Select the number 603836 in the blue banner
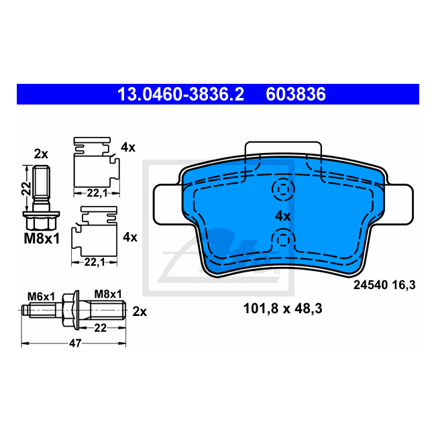[x=296, y=95]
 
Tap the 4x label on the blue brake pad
[x=282, y=216]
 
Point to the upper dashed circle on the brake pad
[x=282, y=190]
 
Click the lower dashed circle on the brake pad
[x=282, y=239]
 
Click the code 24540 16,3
[x=384, y=285]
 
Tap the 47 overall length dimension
[x=75, y=343]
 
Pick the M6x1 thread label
[x=42, y=294]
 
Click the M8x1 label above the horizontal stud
[x=107, y=294]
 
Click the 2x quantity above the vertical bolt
[x=41, y=154]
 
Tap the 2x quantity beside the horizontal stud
[x=140, y=311]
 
